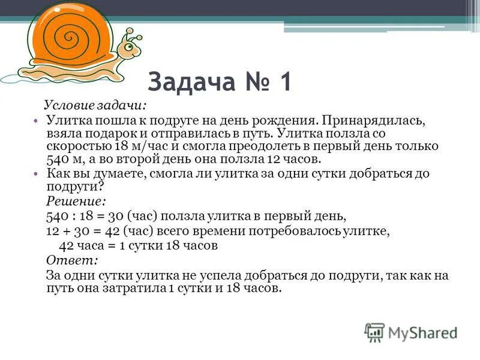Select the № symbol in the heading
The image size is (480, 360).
click(x=250, y=82)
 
